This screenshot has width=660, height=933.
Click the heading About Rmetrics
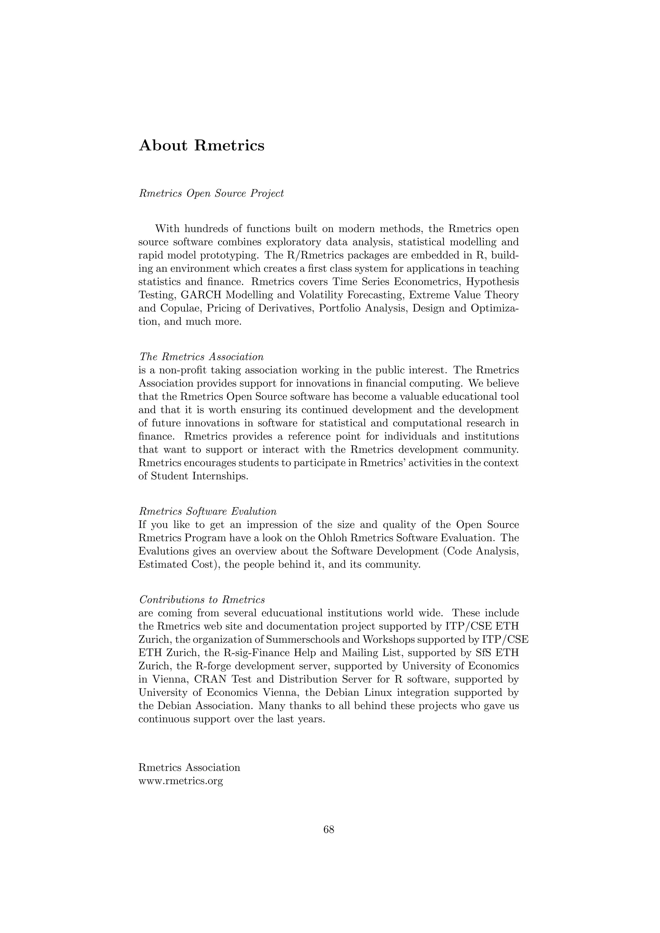pos(201,146)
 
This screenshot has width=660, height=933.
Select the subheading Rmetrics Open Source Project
pos(211,193)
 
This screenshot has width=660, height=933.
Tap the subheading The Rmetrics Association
pos(201,357)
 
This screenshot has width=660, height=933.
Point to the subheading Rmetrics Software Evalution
pos(207,511)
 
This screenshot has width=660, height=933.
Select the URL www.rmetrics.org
pos(180,781)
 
